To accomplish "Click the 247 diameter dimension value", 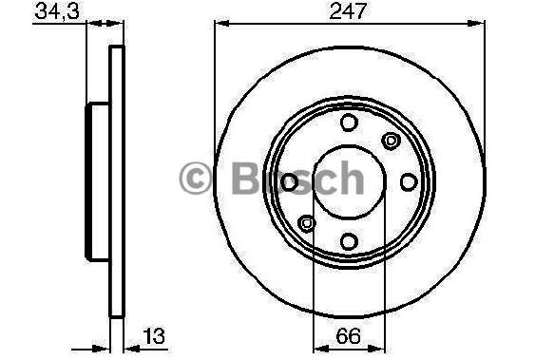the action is click(348, 10).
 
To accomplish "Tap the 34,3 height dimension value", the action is click(57, 10).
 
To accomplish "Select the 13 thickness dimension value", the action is click(154, 336).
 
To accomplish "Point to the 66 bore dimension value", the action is click(348, 336).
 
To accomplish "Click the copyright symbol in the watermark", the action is click(196, 178).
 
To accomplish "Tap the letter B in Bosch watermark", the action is click(246, 178).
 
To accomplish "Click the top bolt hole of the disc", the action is click(349, 123).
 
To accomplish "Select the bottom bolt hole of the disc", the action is click(349, 241).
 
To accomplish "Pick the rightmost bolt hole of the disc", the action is click(409, 182).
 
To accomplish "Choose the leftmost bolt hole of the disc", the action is click(289, 182).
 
